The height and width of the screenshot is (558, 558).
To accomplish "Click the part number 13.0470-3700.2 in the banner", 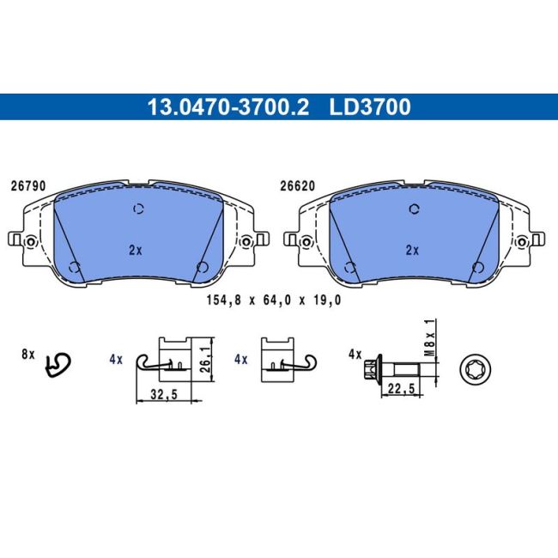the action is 228,106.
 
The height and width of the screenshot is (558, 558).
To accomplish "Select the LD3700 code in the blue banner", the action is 370,106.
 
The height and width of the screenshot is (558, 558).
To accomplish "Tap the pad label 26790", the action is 28,186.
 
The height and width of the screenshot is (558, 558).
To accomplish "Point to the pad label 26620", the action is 298,186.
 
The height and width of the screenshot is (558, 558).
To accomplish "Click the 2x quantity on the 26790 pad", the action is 136,251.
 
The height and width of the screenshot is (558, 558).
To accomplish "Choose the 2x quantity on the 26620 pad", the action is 412,251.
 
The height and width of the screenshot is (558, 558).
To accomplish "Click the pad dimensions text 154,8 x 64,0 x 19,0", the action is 274,300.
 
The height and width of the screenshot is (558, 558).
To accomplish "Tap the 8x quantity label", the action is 28,355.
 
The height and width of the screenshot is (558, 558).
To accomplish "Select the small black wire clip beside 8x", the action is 58,367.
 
